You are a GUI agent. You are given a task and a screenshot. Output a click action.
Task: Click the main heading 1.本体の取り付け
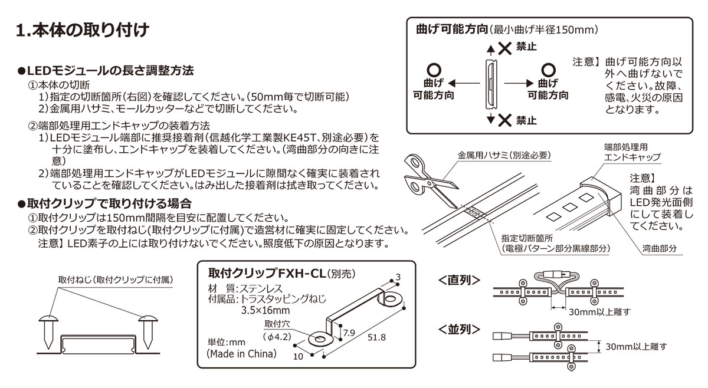pyautogui.click(x=82, y=29)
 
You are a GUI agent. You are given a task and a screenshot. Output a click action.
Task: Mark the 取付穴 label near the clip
pyautogui.click(x=277, y=324)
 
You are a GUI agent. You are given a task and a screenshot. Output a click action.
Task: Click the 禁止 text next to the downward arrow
pyautogui.click(x=526, y=120)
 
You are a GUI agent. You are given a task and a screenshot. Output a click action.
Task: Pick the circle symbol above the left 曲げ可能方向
pyautogui.click(x=434, y=69)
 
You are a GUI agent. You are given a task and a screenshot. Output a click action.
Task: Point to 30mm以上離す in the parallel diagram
pyautogui.click(x=637, y=347)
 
